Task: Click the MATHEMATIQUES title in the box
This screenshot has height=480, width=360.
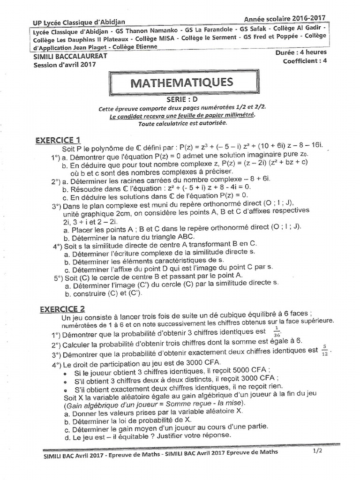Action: point(181,83)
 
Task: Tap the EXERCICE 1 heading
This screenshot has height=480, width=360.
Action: point(58,140)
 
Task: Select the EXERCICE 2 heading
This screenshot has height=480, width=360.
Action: point(62,309)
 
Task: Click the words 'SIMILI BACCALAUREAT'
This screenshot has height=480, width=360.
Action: point(70,56)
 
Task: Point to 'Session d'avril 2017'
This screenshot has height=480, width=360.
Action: point(65,65)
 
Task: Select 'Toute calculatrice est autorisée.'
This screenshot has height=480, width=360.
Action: point(182,123)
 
